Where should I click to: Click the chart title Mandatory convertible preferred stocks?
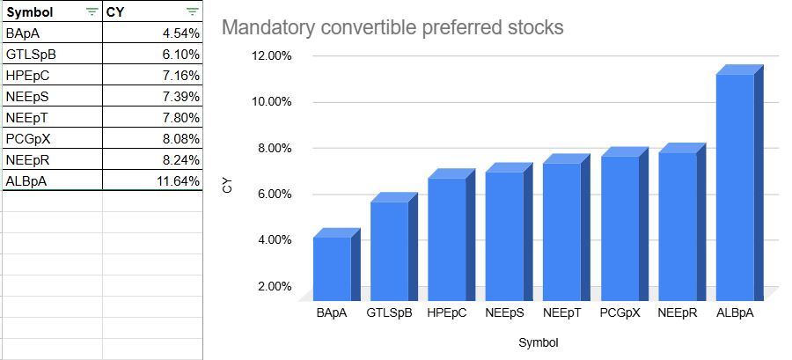tap(392, 27)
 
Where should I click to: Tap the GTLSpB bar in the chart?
tap(389, 251)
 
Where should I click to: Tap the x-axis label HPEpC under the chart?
tap(447, 312)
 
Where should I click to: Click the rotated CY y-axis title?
tap(227, 186)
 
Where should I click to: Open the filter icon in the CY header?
tap(192, 12)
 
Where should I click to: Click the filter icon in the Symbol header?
tap(92, 12)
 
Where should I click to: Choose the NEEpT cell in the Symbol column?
tap(51, 117)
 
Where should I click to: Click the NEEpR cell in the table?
tap(51, 159)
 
